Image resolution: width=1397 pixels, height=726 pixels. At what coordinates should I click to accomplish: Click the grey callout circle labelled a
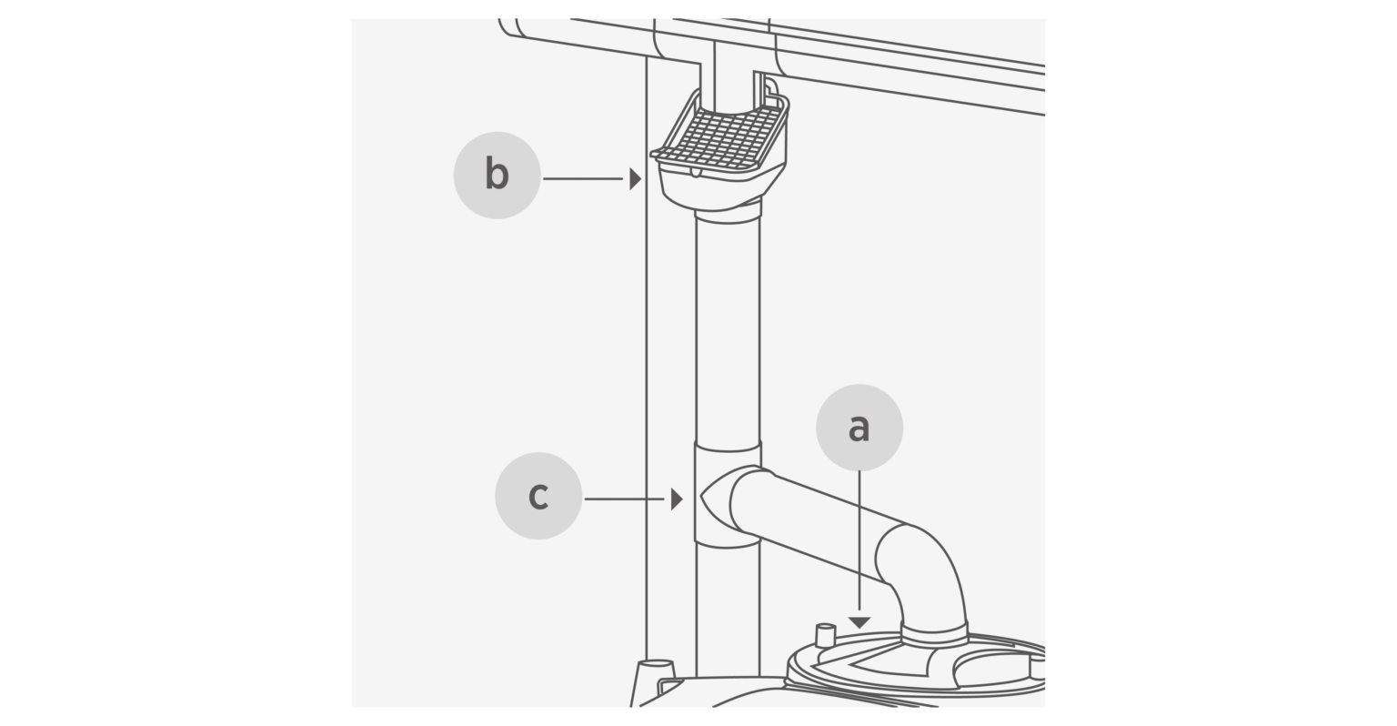[x=859, y=428]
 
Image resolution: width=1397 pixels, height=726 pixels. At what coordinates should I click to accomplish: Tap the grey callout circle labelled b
[x=497, y=175]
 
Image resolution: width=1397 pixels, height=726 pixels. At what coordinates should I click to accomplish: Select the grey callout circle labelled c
[x=538, y=496]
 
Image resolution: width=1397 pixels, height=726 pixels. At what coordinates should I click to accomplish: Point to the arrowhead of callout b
[x=635, y=178]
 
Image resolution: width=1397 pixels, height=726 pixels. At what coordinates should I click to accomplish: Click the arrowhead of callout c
[x=676, y=499]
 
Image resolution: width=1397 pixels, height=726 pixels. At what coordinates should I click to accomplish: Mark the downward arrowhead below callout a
[x=859, y=622]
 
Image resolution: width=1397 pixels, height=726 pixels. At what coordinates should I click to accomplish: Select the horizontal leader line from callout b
[x=582, y=178]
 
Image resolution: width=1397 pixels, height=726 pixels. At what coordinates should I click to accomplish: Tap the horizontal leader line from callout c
[x=624, y=499]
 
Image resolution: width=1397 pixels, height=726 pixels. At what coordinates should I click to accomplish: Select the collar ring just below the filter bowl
[x=728, y=217]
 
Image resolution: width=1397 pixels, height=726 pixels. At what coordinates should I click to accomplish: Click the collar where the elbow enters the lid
[x=934, y=634]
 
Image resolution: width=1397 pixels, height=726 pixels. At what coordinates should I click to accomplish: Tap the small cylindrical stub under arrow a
[x=825, y=636]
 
